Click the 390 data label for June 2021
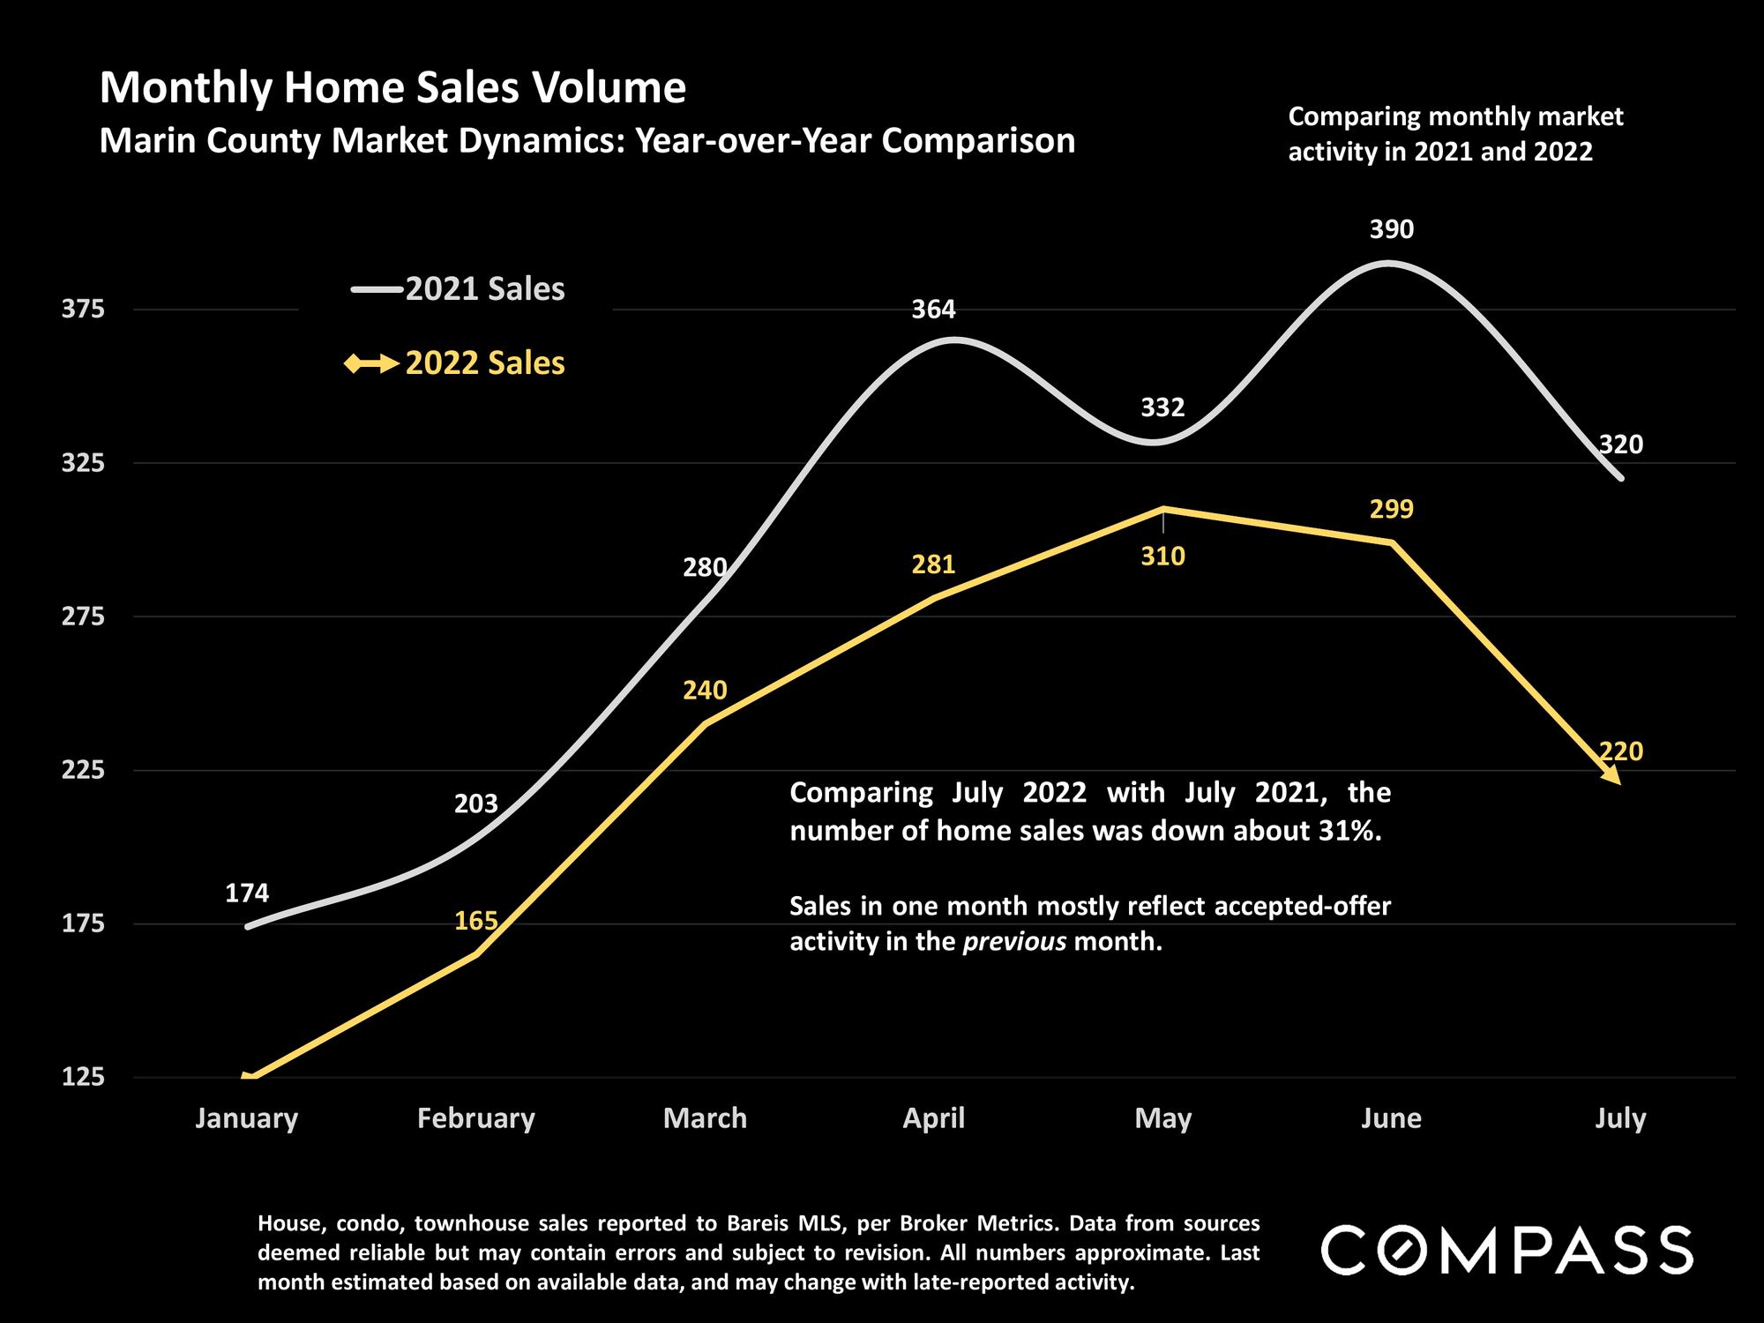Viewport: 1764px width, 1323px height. coord(1391,229)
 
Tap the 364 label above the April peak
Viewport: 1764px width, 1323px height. coord(933,310)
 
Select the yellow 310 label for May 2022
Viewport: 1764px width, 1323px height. coord(1162,557)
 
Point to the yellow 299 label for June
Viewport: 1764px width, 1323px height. coord(1391,509)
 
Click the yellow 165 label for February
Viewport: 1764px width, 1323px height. coord(476,921)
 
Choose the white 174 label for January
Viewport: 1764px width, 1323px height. coord(247,893)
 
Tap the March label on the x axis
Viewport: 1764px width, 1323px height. coord(705,1118)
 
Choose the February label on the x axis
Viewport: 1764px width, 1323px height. coord(476,1118)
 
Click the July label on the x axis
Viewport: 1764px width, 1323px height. coord(1620,1118)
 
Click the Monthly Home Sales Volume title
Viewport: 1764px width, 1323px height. coord(392,88)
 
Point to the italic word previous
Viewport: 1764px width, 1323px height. coord(1013,942)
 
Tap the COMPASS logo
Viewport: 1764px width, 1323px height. coord(1506,1250)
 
